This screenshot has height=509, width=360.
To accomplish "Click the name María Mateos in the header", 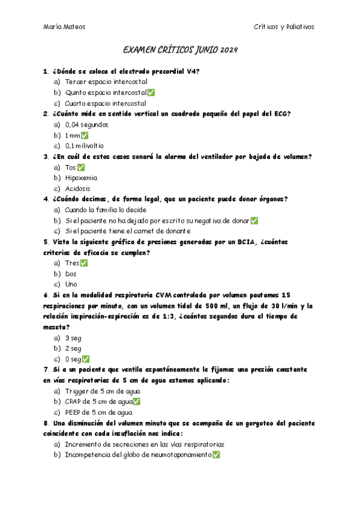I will coord(65,26).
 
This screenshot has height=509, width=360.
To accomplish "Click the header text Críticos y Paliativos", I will coord(283,26).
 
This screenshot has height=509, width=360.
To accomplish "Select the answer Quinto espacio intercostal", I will coord(106,92).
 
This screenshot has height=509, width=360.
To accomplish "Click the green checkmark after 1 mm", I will coord(85,135).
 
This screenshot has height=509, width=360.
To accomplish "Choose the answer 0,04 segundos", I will coord(86,124).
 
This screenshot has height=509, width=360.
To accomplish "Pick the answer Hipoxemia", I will coord(81,178).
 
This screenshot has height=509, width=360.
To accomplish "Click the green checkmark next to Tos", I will coord(81,167).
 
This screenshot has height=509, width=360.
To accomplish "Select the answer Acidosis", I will coord(78,188).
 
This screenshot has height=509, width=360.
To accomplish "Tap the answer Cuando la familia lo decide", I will coord(105,210).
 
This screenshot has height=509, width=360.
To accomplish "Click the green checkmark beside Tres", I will coord(84,263).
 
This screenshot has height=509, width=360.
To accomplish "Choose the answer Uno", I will coord(71,284).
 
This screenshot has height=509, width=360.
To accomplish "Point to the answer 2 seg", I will coord(73,348).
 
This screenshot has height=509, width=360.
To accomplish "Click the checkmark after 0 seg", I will coord(86,359).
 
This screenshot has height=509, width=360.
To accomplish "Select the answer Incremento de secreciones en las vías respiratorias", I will coord(145,444).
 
